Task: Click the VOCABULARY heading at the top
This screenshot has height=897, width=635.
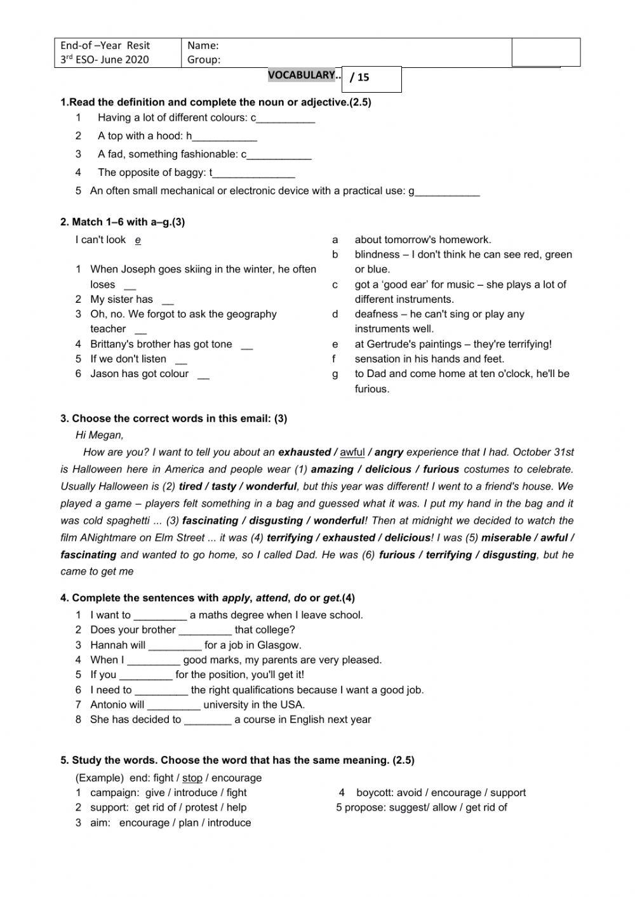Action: [x=301, y=75]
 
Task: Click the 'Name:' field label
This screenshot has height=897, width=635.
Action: [x=203, y=45]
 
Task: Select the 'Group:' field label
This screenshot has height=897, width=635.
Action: [x=204, y=60]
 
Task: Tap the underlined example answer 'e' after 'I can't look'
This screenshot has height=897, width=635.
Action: [x=138, y=240]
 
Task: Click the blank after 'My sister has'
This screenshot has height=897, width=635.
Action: [x=168, y=300]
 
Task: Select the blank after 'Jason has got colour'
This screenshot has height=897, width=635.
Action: [x=203, y=375]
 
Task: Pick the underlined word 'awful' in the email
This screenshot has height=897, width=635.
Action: [x=352, y=453]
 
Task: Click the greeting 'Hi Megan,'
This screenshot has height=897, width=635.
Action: [x=99, y=435]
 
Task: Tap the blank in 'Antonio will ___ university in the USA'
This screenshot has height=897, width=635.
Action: [x=173, y=705]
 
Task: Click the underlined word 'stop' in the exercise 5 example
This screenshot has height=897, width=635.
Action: [x=192, y=778]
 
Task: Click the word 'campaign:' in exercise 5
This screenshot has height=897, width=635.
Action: [x=115, y=793]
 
